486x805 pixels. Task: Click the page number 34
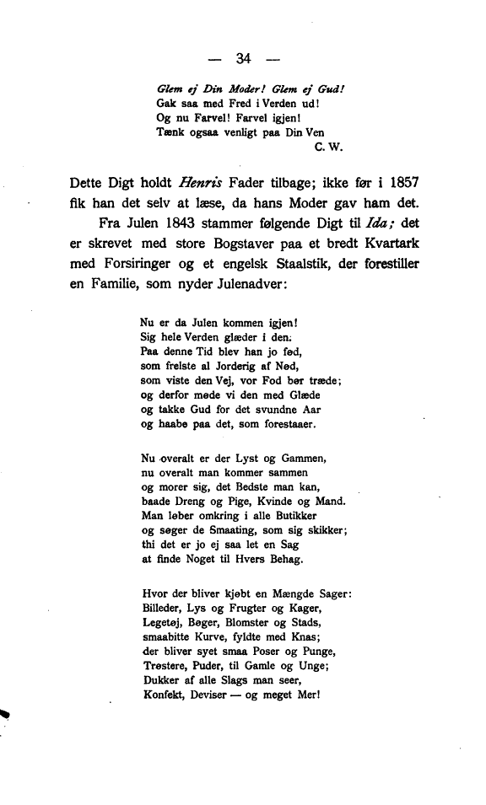pos(245,58)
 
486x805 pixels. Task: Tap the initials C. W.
pos(326,146)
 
